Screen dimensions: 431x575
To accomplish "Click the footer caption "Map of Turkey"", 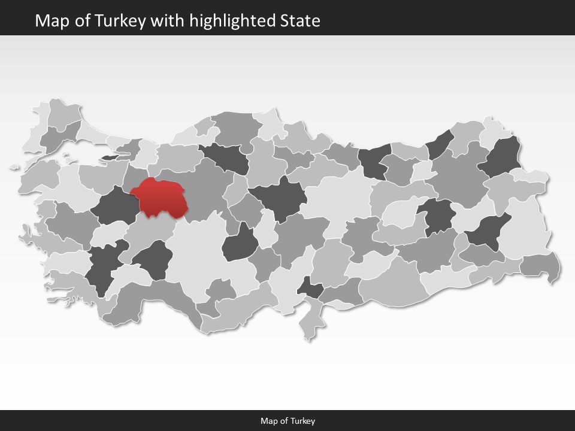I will (x=287, y=421).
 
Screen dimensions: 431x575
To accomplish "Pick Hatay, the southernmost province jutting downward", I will (x=309, y=320).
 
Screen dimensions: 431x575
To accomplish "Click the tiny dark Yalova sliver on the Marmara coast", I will (x=111, y=157).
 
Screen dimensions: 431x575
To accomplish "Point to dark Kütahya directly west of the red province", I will (x=114, y=207).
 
